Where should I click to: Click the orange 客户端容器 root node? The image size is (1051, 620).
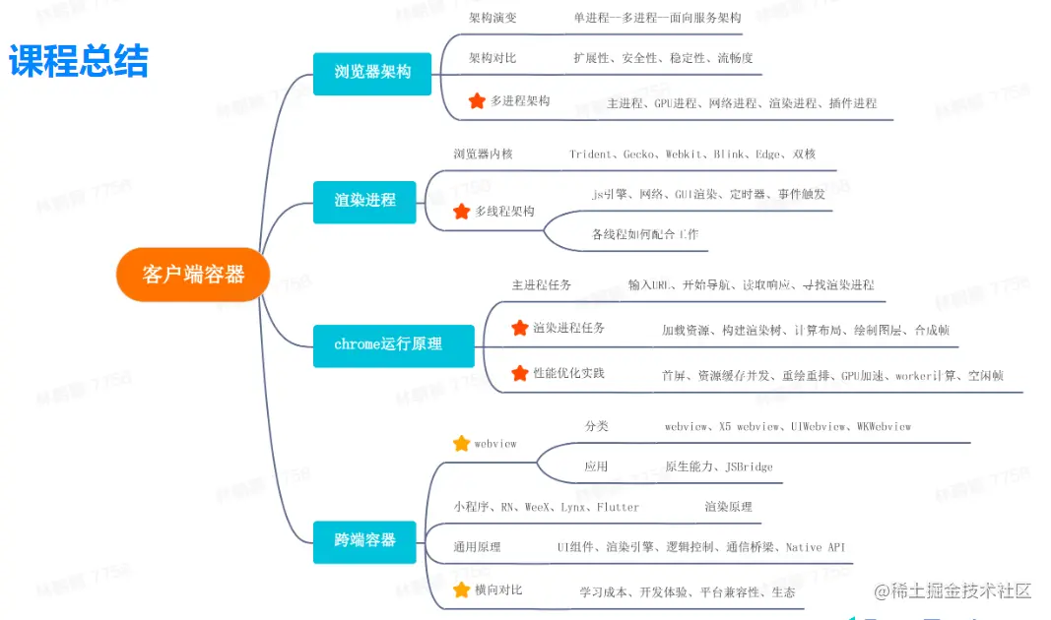pos(193,275)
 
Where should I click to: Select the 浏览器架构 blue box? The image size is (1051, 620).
pos(372,73)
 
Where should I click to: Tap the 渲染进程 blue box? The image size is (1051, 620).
pos(364,200)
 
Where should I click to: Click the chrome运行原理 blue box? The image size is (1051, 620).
pos(393,344)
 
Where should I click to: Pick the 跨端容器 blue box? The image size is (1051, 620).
pos(364,540)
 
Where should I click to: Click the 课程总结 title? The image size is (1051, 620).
pos(79,61)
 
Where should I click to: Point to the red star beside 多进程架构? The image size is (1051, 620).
pos(477,100)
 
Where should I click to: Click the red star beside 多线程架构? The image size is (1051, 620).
pos(461,211)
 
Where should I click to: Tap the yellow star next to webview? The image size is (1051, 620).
pos(461,443)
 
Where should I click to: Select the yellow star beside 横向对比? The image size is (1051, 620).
pos(461,589)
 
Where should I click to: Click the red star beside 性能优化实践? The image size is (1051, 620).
pos(520,373)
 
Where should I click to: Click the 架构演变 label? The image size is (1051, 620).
pos(493,18)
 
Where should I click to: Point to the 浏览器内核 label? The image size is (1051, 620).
pos(483,155)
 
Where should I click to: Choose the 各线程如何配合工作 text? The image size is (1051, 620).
pos(645,234)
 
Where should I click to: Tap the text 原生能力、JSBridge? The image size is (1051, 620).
pos(719,466)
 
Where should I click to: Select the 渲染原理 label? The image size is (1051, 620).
pos(728,506)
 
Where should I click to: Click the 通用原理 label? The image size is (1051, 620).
pos(477,547)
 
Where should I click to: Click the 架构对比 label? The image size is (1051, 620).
pos(493,58)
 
